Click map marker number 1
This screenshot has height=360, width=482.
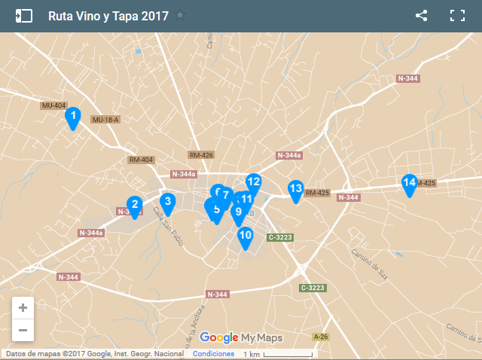tap(72, 117)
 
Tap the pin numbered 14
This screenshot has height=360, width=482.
tap(409, 183)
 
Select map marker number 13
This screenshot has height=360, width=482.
tap(295, 189)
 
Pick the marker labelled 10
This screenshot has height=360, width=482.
tap(245, 235)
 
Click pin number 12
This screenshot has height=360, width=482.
tap(253, 182)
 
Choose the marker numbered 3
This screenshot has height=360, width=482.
tap(167, 201)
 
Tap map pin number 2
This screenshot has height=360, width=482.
tap(134, 205)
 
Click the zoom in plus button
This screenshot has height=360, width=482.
tap(23, 307)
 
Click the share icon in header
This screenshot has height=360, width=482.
tap(421, 15)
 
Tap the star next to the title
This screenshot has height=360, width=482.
tap(180, 15)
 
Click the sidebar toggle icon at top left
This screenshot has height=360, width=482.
tap(23, 15)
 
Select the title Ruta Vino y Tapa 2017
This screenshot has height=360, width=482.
tap(108, 16)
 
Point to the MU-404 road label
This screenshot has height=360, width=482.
tap(54, 105)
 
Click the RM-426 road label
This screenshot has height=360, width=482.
tap(201, 155)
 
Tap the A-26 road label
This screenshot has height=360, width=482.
tap(321, 337)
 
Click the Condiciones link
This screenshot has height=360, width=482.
tap(213, 354)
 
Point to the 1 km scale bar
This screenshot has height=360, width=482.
tap(277, 354)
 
